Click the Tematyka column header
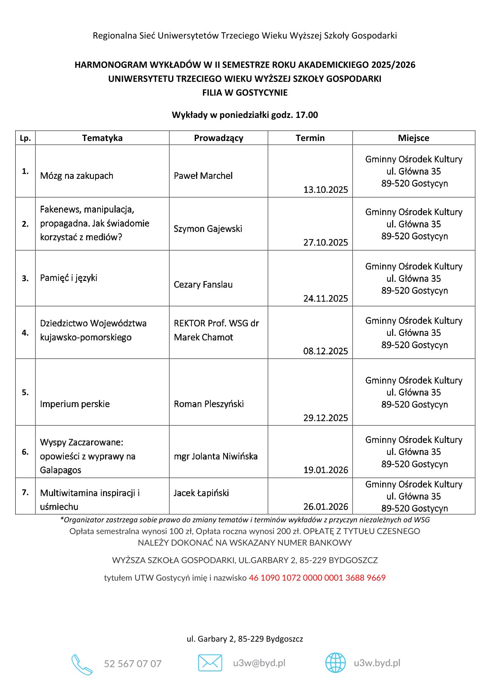click(x=102, y=138)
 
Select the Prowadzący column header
click(x=218, y=138)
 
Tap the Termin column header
click(x=310, y=138)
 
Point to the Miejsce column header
click(x=413, y=138)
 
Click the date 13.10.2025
click(x=325, y=190)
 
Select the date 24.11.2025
click(x=325, y=298)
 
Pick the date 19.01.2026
click(x=325, y=470)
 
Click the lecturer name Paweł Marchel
click(x=203, y=176)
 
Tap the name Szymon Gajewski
click(x=208, y=229)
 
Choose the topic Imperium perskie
click(x=75, y=404)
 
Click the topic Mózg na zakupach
click(x=77, y=176)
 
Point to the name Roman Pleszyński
click(x=208, y=404)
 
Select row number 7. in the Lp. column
click(x=25, y=492)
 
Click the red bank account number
click(x=317, y=578)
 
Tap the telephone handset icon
click(x=82, y=664)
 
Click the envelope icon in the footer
click(x=210, y=663)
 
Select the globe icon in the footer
click(x=336, y=663)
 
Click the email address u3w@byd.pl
click(x=259, y=663)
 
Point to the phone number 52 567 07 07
click(x=133, y=664)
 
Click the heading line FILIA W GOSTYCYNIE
click(x=245, y=93)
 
